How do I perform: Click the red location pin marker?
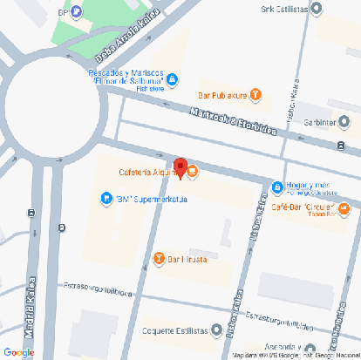click(x=180, y=166)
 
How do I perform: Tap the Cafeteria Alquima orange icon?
click(x=193, y=172)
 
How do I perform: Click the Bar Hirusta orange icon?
click(x=159, y=258)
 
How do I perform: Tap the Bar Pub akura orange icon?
click(x=255, y=94)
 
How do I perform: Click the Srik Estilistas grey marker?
click(x=317, y=10)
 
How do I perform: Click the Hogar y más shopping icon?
click(x=276, y=187)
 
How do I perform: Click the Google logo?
click(x=18, y=351)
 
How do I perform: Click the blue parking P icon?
click(x=77, y=13)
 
